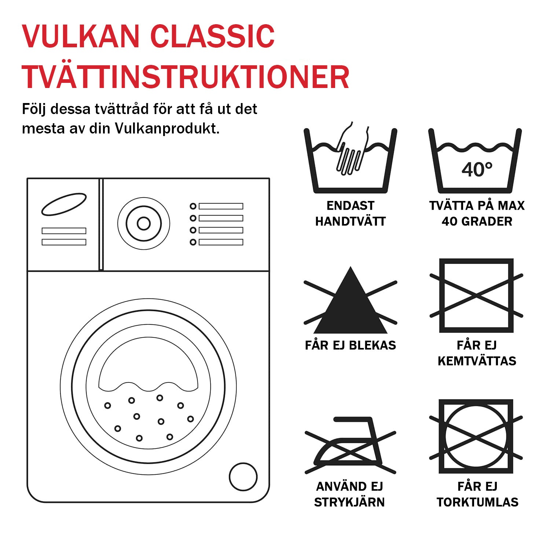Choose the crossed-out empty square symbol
tap(476, 296)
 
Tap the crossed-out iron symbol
tap(350, 445)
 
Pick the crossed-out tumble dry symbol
tap(476, 437)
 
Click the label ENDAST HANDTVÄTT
tap(350, 213)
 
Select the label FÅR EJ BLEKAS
tap(350, 345)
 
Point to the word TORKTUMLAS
tap(477, 502)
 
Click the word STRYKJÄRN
tap(349, 502)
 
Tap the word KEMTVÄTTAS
tap(477, 361)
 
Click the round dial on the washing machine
tap(144, 223)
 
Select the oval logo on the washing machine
tap(64, 204)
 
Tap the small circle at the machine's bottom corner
tap(243, 477)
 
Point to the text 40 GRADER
tap(477, 221)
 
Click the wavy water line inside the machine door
tap(148, 387)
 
